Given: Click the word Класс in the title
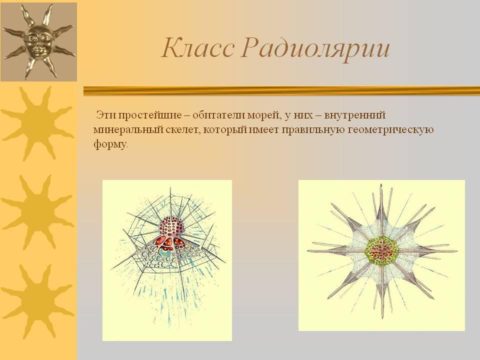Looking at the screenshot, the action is [198, 48].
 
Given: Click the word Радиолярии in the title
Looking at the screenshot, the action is [315, 49].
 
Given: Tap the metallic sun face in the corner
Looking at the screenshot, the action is [38, 41].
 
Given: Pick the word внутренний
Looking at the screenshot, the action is [355, 115].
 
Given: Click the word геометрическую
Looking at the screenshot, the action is [391, 130].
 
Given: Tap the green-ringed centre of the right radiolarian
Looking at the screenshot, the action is [381, 250].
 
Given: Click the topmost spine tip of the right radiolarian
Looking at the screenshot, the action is [381, 184].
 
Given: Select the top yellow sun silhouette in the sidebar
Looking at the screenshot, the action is [38, 123].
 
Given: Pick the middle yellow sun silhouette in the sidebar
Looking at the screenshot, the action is [37, 212].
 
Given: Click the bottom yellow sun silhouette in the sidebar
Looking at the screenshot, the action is [37, 301].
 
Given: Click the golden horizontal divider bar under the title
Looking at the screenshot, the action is [281, 91].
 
